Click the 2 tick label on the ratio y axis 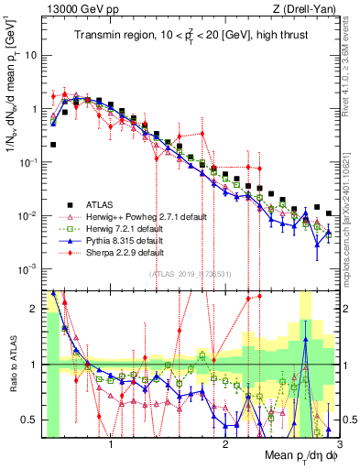point(35,310)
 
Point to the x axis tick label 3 point(339,442)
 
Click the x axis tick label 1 point(111,442)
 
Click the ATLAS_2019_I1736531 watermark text point(189,274)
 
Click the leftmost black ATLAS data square point(53,145)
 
